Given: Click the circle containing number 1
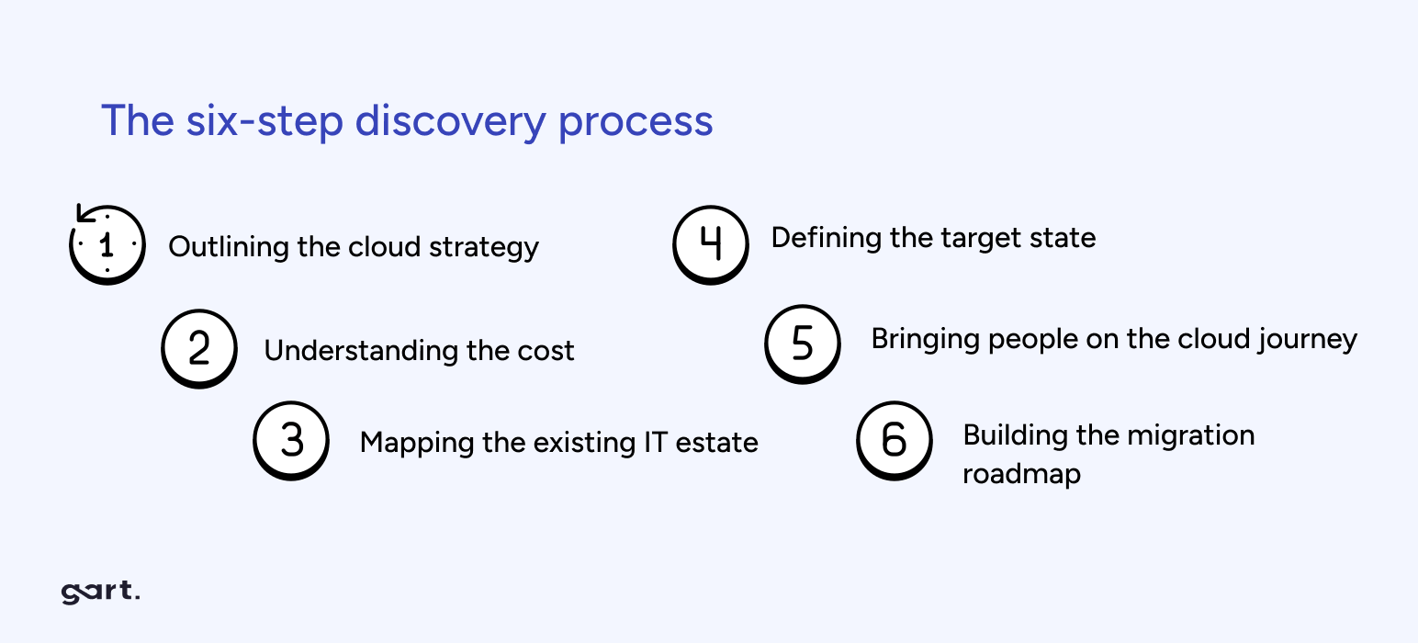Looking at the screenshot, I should (x=107, y=244).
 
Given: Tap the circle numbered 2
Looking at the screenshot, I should (x=198, y=348).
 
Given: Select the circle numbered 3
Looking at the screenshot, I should (x=291, y=440).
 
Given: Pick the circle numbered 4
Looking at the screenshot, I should (x=710, y=243).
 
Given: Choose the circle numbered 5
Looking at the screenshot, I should (x=802, y=344).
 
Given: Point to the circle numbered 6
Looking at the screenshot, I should (x=894, y=440).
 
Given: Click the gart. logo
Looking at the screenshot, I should (x=100, y=592).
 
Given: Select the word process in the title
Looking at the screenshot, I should (x=636, y=123).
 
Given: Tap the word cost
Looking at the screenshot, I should (x=547, y=351).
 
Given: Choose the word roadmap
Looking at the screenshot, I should (x=1021, y=474).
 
